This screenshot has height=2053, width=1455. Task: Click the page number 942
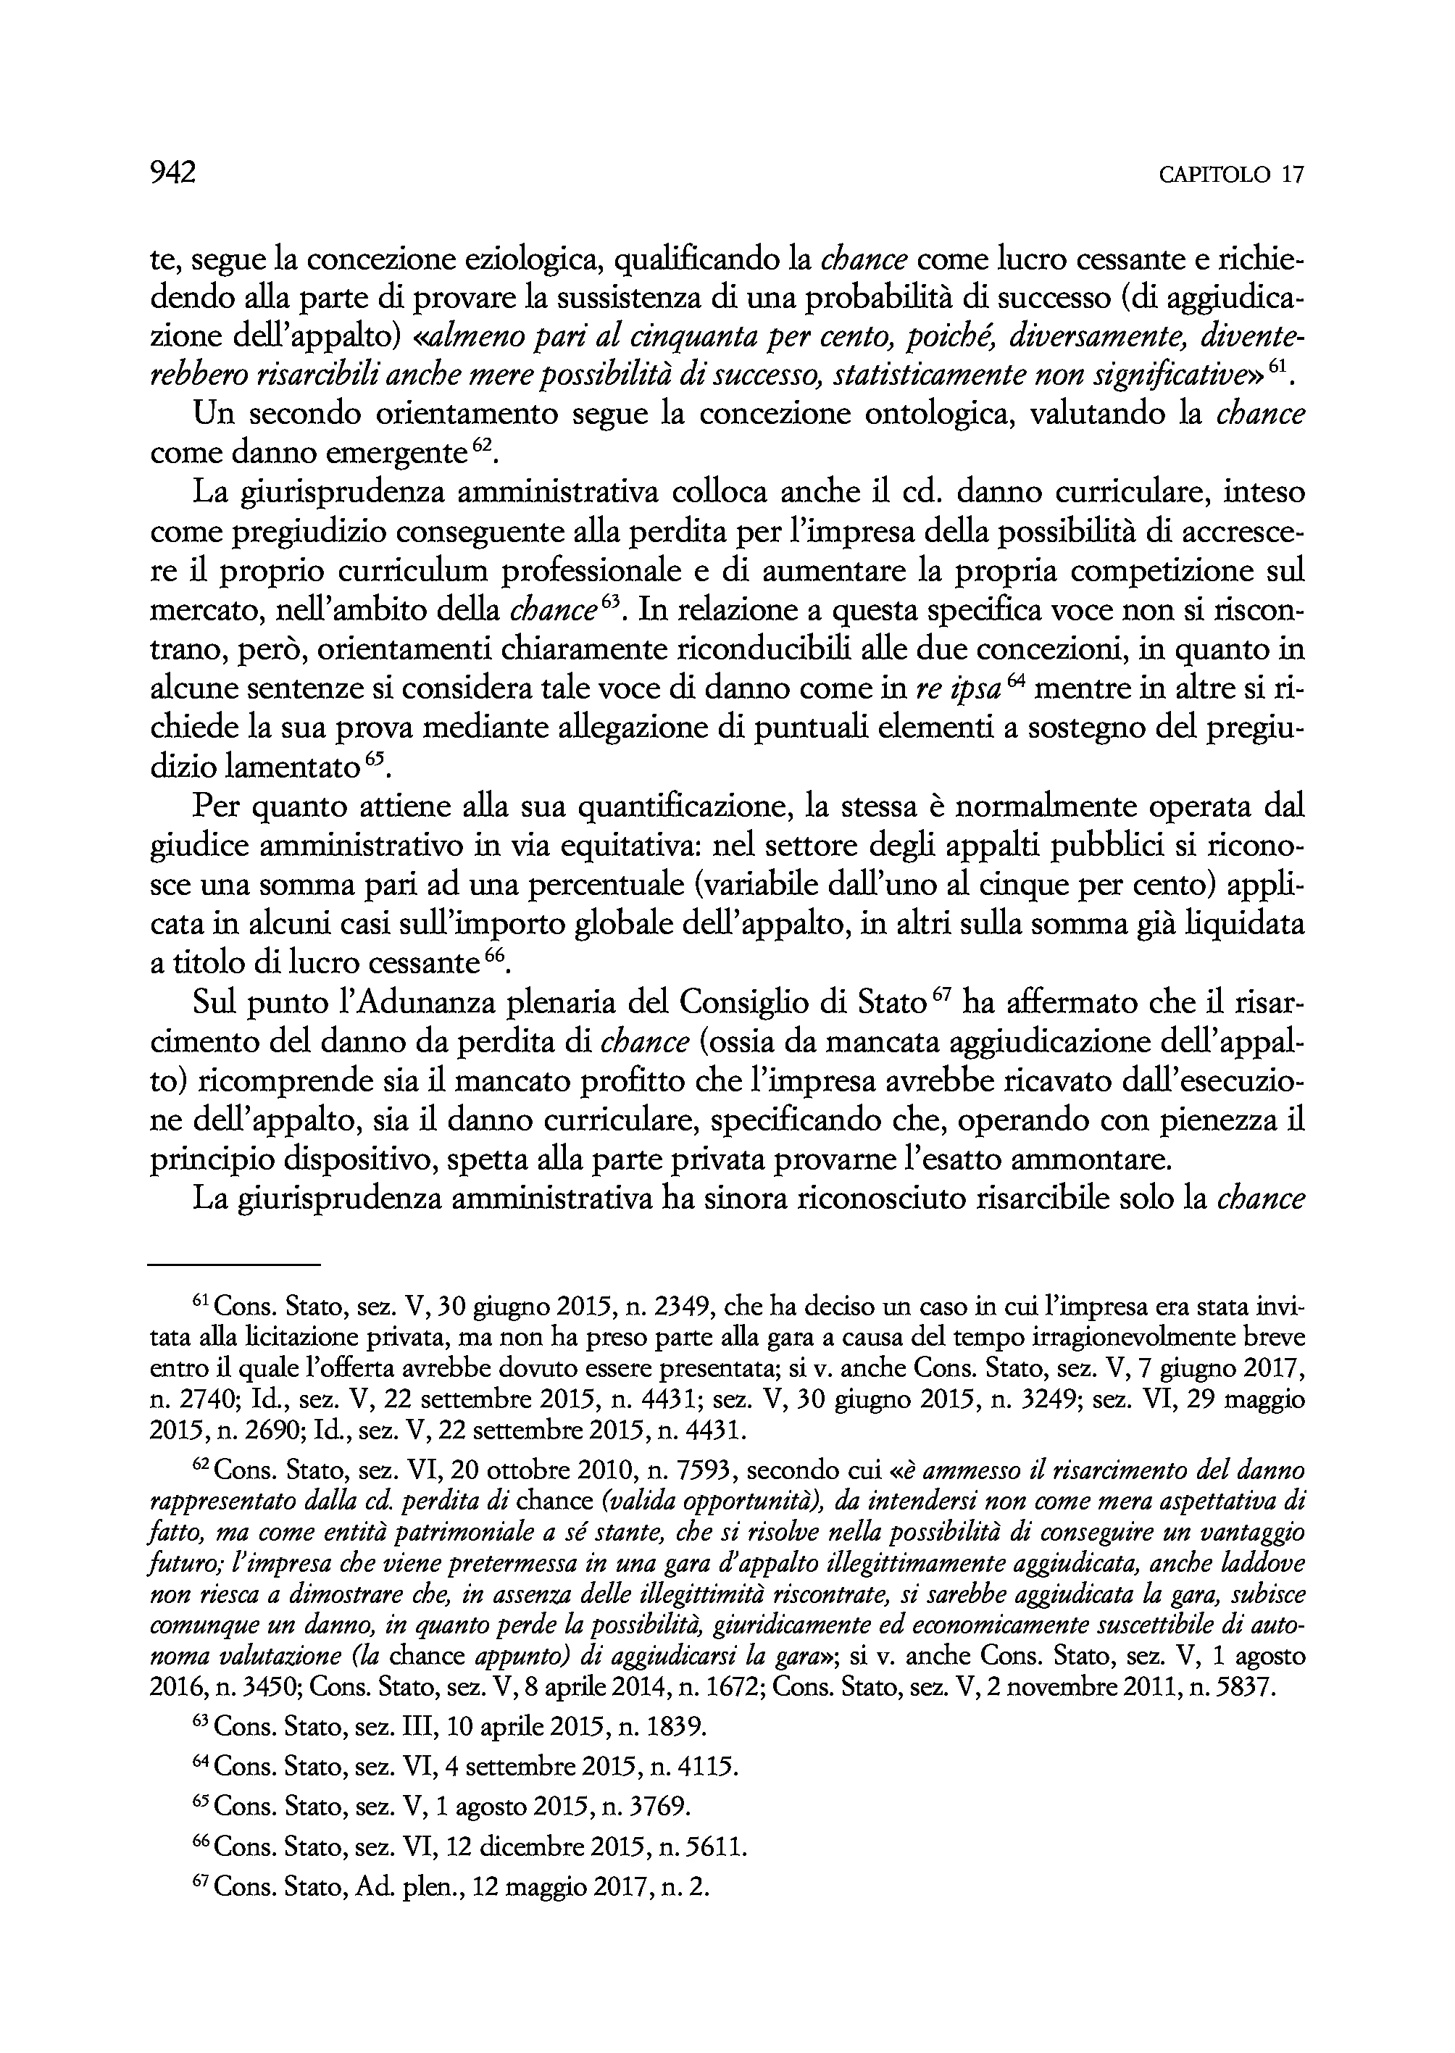coord(172,173)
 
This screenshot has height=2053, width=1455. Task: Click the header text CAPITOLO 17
coord(1231,175)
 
